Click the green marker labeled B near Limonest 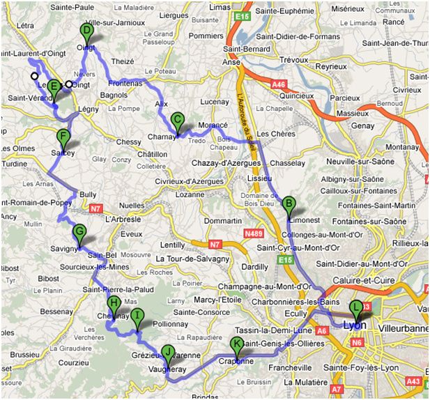(x=287, y=205)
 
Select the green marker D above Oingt (x=86, y=32)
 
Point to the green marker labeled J (x=167, y=353)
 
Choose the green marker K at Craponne (x=238, y=344)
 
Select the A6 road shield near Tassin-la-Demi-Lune (x=321, y=333)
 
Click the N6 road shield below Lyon (x=357, y=343)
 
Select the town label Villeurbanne (x=403, y=326)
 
